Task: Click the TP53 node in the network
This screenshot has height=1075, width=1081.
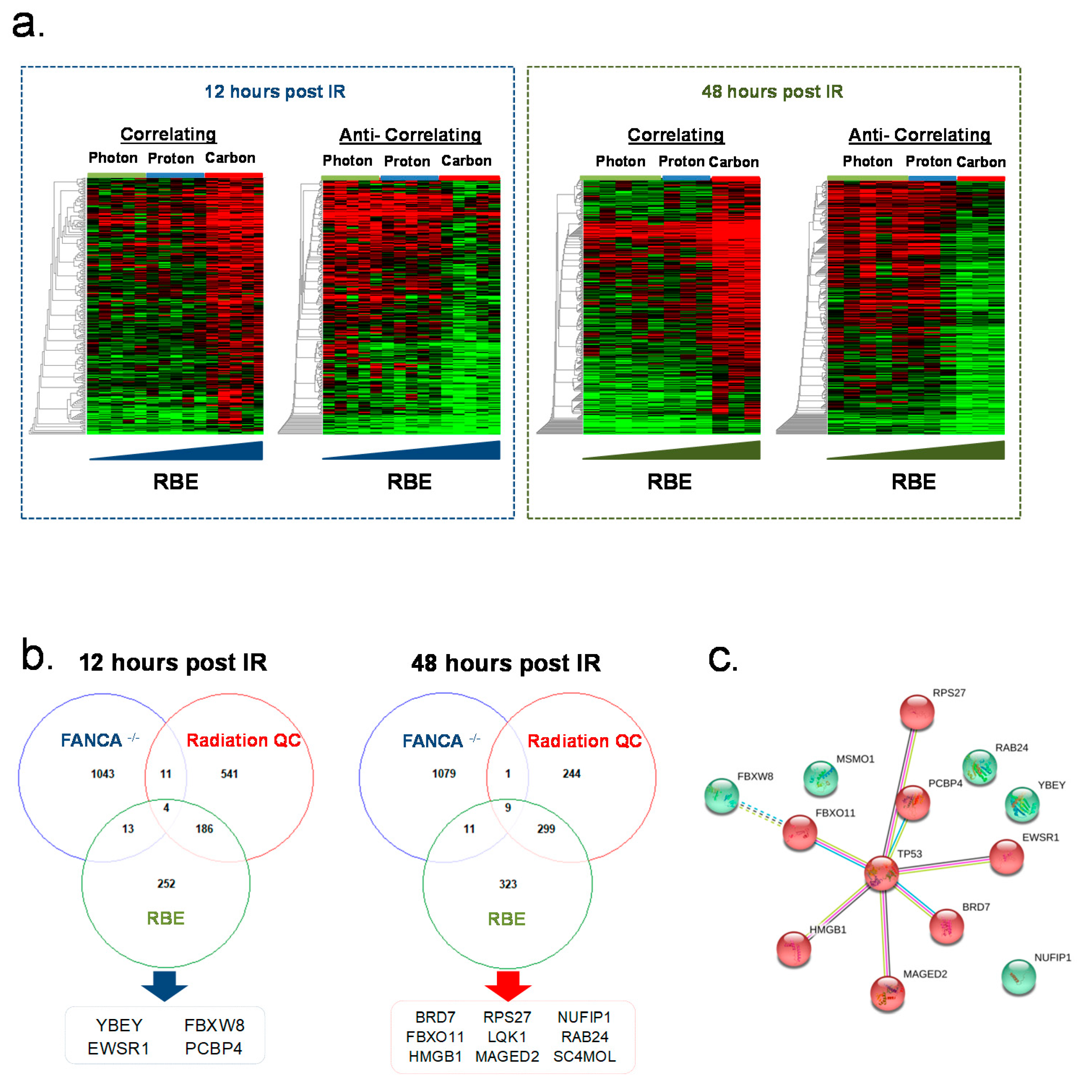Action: (x=881, y=873)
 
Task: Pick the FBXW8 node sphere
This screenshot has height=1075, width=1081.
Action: (x=722, y=796)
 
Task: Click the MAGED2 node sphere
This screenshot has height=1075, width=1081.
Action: (x=887, y=993)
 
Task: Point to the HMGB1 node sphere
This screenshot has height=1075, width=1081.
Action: (x=794, y=949)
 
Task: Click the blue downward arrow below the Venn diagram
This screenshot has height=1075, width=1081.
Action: (x=164, y=985)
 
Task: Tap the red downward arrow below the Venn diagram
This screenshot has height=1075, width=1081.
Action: (x=507, y=985)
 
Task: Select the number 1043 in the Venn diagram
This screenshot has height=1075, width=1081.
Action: (x=102, y=774)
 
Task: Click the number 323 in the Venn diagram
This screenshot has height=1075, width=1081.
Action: (x=507, y=884)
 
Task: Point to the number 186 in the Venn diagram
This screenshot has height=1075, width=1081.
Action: (x=204, y=829)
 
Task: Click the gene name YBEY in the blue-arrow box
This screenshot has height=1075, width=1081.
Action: (x=119, y=1025)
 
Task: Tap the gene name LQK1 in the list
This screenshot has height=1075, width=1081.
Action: (x=507, y=1037)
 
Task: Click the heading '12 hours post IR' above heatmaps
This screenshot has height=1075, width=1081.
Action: (x=275, y=91)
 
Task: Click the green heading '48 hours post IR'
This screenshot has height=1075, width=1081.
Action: (x=772, y=91)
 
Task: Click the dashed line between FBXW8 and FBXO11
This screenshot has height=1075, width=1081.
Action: (x=761, y=813)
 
